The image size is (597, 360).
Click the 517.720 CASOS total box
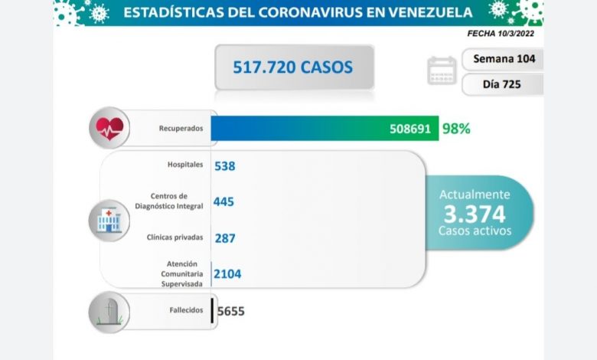click(294, 67)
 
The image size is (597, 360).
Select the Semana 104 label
click(504, 59)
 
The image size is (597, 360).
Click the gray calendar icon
click(442, 70)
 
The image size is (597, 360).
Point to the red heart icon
click(109, 128)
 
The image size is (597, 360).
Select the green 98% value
click(455, 129)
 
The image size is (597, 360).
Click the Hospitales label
click(184, 164)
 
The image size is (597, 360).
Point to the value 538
click(224, 165)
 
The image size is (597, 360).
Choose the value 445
click(224, 201)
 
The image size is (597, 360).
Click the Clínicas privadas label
click(175, 237)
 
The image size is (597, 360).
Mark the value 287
click(225, 238)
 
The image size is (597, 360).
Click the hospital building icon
click(109, 219)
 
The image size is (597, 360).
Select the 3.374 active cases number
click(475, 212)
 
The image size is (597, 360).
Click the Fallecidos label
click(187, 310)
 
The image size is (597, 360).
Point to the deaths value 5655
click(231, 311)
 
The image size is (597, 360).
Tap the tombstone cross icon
click(109, 311)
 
